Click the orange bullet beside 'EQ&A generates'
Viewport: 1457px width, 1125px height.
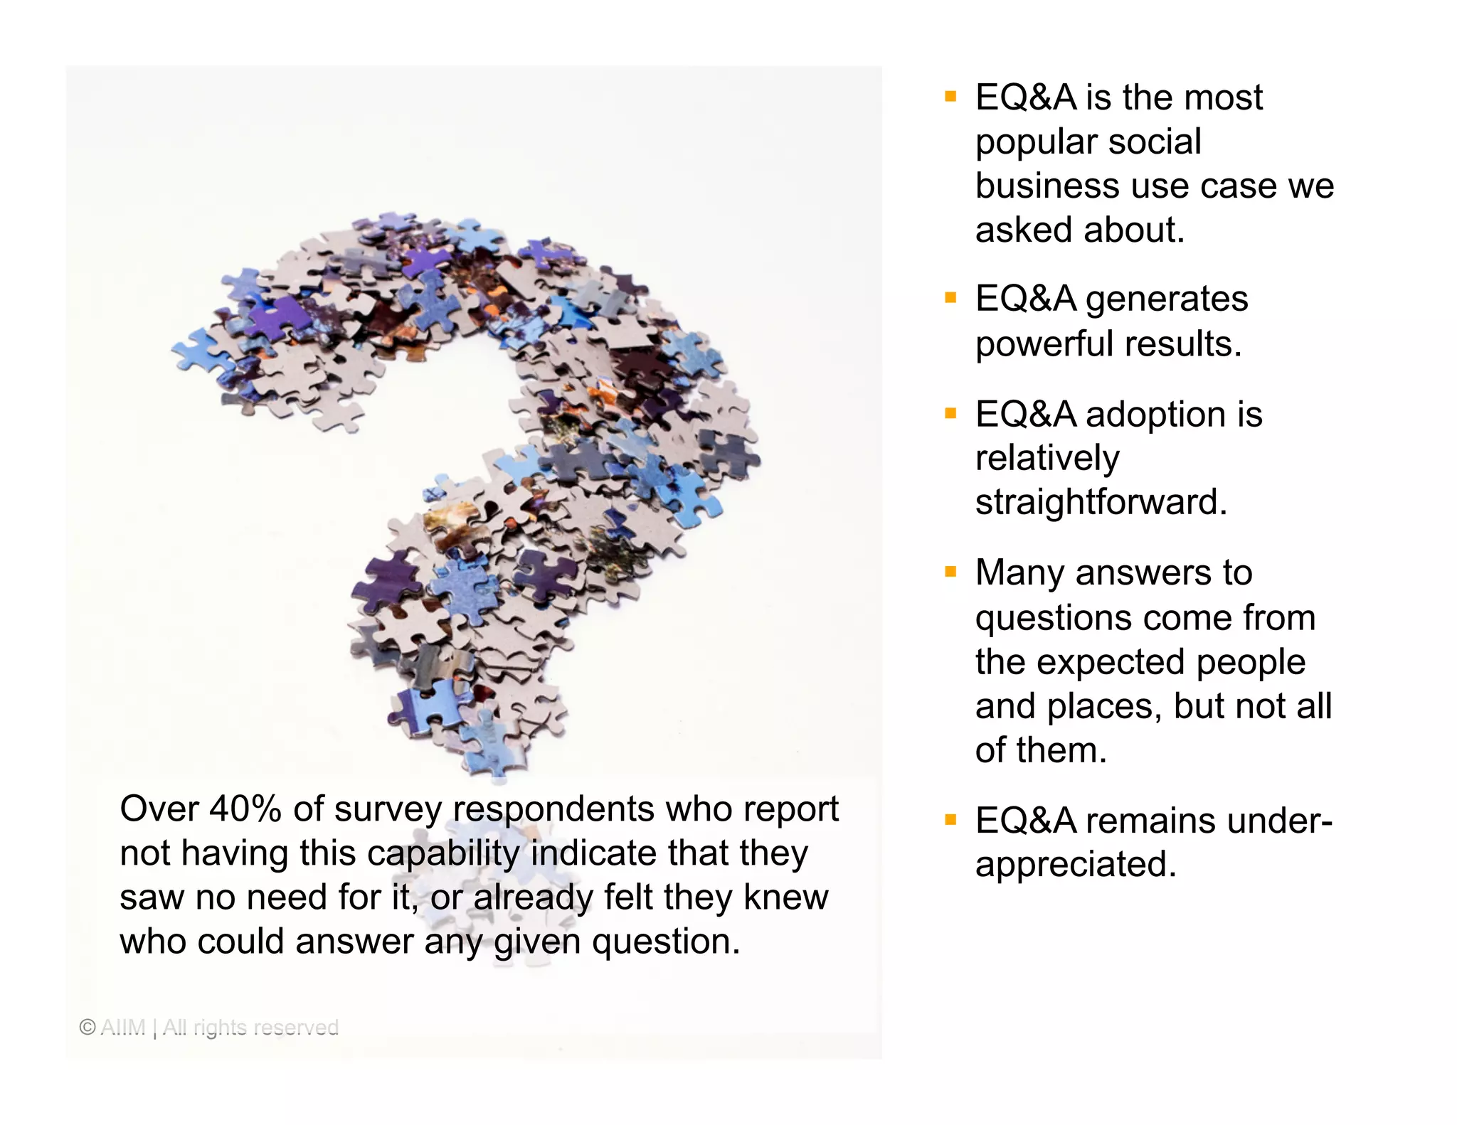pyautogui.click(x=950, y=298)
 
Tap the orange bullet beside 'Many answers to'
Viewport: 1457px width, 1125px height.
pyautogui.click(x=950, y=572)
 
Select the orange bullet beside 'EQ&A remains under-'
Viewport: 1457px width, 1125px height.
pyautogui.click(x=950, y=820)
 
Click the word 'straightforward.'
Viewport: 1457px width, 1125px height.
pyautogui.click(x=1101, y=502)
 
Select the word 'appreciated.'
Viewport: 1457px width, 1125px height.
pyautogui.click(x=1076, y=865)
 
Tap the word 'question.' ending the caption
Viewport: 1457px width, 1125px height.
pyautogui.click(x=666, y=942)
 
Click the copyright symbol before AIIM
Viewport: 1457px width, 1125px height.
pyautogui.click(x=88, y=1027)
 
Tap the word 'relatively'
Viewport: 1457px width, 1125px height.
pyautogui.click(x=1047, y=458)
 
